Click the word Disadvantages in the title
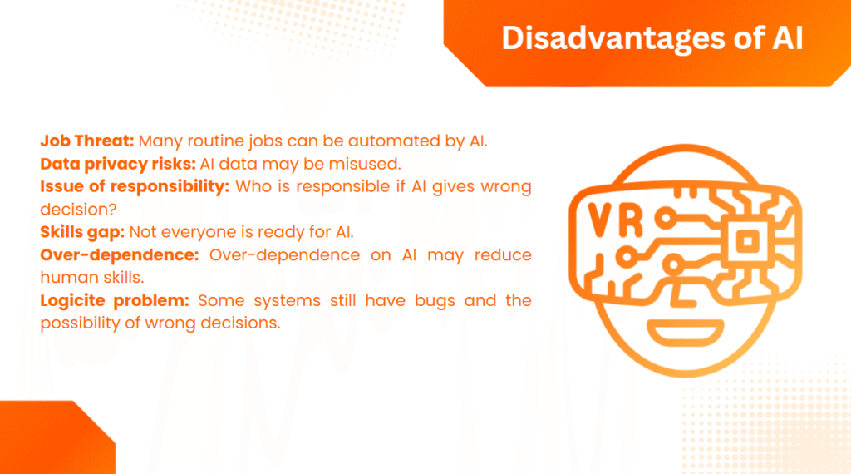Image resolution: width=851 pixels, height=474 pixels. point(612,38)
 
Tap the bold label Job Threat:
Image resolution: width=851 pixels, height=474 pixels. point(86,141)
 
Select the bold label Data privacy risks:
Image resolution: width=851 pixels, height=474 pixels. point(118,165)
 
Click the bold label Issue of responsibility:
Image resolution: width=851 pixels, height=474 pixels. point(135,187)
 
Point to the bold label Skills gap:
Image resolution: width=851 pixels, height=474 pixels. point(82,232)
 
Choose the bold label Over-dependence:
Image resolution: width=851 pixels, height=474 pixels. point(120,254)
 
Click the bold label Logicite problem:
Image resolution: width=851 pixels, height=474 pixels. point(115,301)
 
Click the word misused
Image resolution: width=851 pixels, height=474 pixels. point(365,164)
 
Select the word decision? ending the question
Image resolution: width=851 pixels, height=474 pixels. point(78,210)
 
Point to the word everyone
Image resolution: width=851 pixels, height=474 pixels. point(207,233)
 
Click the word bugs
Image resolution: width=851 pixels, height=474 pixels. point(435,301)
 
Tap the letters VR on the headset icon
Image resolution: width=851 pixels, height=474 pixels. point(616,220)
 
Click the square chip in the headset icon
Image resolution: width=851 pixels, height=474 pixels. point(749,240)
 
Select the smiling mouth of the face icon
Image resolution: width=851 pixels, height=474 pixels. point(686,333)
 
